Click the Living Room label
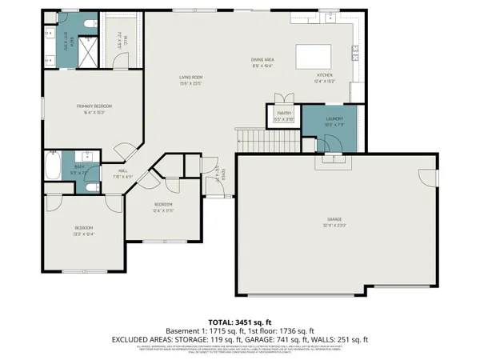click(190, 77)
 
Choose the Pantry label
click(284, 114)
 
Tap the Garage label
click(334, 219)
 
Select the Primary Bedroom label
click(94, 106)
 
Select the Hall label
click(123, 170)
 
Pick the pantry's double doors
click(284, 98)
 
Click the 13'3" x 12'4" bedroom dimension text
click(84, 233)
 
